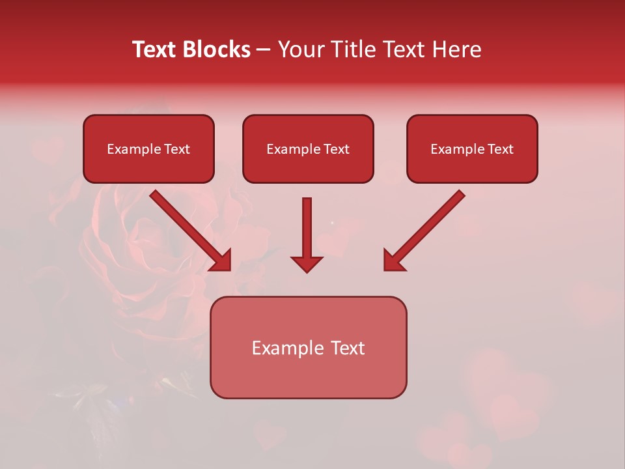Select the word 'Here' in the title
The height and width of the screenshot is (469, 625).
click(x=456, y=50)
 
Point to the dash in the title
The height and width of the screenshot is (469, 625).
click(x=264, y=50)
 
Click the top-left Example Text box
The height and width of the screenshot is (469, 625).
click(x=148, y=149)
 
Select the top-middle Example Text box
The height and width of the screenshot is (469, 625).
click(x=308, y=149)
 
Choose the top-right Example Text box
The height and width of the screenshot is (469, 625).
click(x=472, y=149)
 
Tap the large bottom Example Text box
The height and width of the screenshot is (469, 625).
click(x=308, y=348)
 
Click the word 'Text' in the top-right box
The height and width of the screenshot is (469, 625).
click(x=500, y=149)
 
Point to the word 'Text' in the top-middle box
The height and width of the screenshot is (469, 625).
click(x=336, y=149)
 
